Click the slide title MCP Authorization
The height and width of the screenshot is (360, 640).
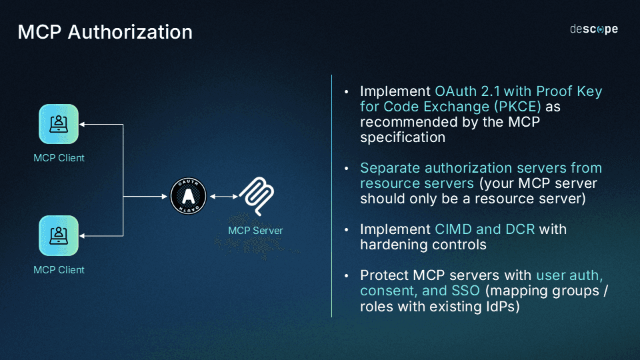click(105, 31)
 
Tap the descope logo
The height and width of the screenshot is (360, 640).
click(593, 29)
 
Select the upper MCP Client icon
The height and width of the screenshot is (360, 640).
click(59, 124)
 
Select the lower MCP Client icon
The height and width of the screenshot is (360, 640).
click(59, 235)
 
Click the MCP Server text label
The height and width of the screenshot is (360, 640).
click(255, 231)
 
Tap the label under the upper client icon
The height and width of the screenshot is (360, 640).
click(59, 158)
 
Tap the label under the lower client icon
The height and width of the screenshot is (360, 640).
click(59, 270)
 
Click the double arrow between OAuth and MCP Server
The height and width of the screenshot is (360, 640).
click(224, 196)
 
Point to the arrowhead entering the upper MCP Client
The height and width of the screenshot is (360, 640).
click(83, 124)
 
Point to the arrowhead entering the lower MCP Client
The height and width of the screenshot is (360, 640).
click(83, 235)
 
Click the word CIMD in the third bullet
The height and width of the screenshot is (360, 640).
click(453, 229)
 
